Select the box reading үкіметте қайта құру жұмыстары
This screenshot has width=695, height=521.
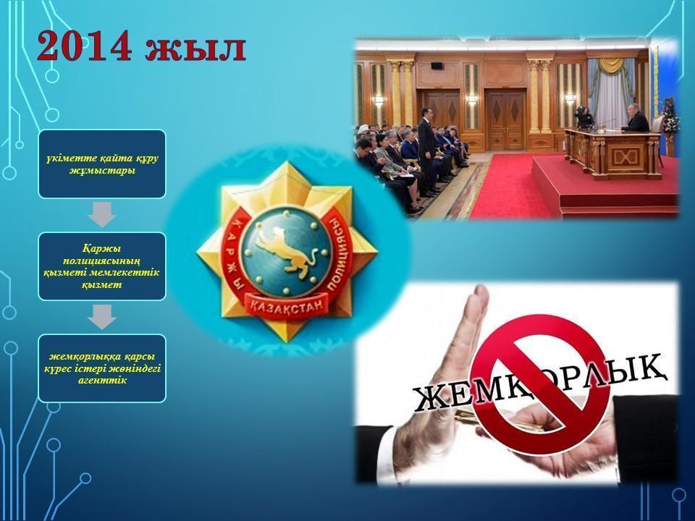coord(102,164)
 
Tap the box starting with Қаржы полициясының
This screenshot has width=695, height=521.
coord(102,266)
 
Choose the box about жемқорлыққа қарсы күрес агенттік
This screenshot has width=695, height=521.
coord(102,368)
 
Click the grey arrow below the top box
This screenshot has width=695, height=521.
coord(102,215)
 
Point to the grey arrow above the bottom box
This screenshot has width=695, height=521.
coord(102,317)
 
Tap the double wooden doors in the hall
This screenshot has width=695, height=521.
coord(505,119)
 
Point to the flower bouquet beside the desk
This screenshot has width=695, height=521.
coord(669,116)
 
